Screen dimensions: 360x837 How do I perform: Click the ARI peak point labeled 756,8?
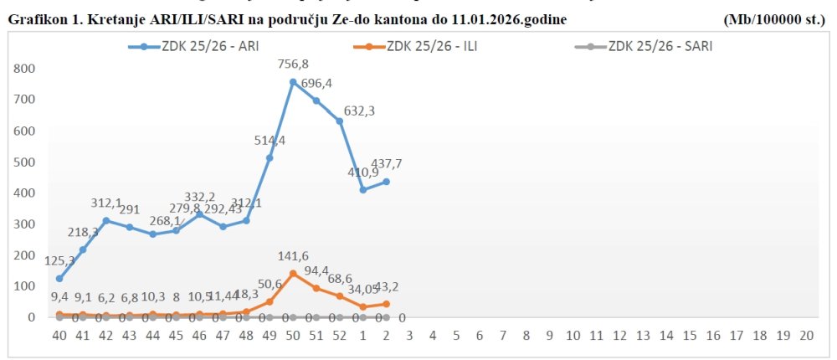[293, 82]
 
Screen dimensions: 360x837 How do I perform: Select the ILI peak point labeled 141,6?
[293, 273]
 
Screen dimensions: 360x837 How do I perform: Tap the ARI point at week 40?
[59, 278]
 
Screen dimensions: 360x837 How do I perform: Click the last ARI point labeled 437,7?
[387, 182]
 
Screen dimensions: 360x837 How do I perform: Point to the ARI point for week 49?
[270, 157]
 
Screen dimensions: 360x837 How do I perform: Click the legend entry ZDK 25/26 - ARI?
[198, 47]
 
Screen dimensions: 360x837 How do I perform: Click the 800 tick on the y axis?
[25, 69]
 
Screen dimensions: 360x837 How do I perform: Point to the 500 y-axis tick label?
[25, 162]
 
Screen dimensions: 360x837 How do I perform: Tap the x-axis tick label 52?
[340, 335]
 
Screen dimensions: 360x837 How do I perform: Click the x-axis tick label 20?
[807, 335]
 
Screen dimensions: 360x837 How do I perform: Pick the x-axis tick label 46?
[199, 335]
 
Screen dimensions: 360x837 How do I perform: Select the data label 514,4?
[270, 141]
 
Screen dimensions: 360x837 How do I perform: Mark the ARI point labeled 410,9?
[363, 190]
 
